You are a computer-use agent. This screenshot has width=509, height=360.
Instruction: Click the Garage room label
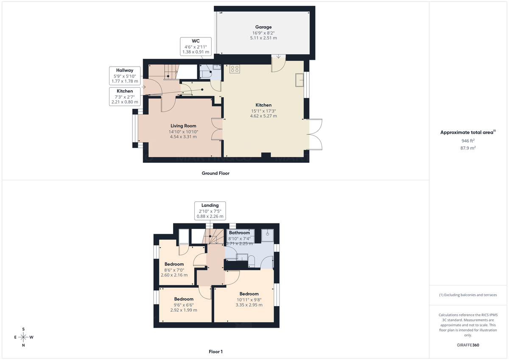point(263,27)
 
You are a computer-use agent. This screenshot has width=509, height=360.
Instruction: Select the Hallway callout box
point(125,75)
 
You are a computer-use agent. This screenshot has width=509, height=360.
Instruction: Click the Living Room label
point(183,126)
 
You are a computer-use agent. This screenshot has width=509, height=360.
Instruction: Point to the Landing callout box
point(210,211)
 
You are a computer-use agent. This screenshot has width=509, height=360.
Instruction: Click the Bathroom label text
point(240,233)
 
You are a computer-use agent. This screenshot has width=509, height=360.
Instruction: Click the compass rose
point(23,337)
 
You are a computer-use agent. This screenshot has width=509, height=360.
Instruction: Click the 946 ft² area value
point(468,141)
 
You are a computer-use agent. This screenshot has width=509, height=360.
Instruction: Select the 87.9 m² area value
point(468,148)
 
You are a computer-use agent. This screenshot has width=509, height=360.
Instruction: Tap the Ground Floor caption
point(215,173)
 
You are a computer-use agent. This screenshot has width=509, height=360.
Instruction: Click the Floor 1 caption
point(215,352)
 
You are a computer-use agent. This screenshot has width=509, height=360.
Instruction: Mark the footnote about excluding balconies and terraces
point(468,295)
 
